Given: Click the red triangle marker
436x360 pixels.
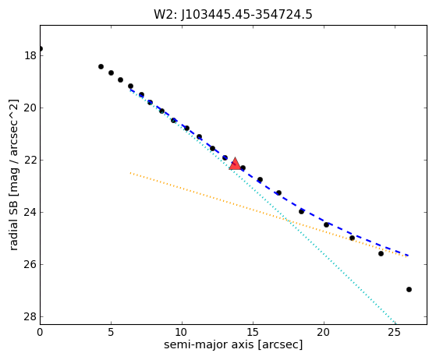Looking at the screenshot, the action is [235, 164].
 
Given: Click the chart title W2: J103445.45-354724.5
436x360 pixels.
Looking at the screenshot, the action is [233, 15].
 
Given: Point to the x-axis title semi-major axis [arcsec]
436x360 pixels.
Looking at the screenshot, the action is [233, 344].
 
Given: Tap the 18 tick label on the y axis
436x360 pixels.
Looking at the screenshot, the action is [30, 55].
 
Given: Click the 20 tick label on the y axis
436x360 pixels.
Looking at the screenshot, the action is [30, 108].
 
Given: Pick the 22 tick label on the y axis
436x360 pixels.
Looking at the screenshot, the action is [30, 160].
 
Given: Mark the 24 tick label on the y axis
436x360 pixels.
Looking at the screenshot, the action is [30, 212].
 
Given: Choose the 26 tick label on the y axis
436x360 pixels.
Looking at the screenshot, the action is [30, 264].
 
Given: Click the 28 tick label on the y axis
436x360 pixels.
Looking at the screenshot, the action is [30, 316].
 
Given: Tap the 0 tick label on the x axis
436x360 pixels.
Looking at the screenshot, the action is [40, 332].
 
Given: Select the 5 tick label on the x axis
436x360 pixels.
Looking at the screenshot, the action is [111, 332].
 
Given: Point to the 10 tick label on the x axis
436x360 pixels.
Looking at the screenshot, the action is [182, 332].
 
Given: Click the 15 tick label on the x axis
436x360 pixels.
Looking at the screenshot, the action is [253, 332].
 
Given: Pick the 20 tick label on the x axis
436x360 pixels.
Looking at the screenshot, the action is [324, 332].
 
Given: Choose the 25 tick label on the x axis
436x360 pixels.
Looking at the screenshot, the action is [395, 332].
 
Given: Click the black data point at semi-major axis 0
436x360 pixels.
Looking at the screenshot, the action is [41, 49].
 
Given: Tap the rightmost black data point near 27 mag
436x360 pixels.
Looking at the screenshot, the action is [409, 289].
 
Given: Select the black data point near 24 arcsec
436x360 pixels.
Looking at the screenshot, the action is [381, 253].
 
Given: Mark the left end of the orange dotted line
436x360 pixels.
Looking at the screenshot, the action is [130, 173].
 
